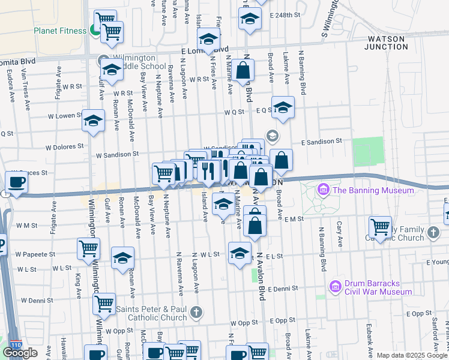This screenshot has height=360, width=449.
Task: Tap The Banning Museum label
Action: (373, 190)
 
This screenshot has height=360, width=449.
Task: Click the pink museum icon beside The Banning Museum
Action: (324, 190)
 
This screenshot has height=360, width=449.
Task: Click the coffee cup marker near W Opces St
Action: (16, 182)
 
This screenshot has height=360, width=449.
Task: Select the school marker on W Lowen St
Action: (93, 121)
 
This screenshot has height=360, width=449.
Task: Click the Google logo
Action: (20, 353)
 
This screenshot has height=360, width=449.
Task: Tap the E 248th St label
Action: (285, 14)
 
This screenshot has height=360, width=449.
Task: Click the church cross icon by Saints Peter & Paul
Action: (196, 312)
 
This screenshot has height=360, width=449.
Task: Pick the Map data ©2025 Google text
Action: (412, 355)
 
